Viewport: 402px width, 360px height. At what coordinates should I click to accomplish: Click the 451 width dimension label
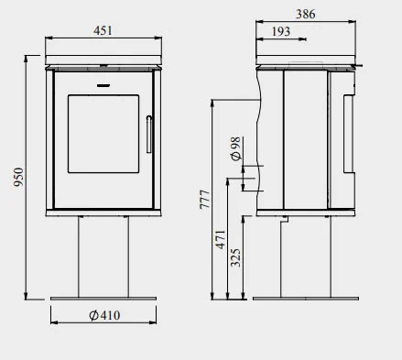point(103,30)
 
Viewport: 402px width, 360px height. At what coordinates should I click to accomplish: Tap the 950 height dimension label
point(18,177)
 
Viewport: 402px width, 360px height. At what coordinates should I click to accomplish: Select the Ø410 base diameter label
point(104,315)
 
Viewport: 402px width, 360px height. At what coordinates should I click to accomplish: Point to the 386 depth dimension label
point(306,14)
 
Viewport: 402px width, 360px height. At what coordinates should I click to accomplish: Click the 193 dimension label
point(281,31)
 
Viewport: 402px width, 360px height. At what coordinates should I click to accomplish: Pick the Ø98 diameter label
point(235,148)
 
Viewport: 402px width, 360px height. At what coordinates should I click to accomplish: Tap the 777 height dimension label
point(205,200)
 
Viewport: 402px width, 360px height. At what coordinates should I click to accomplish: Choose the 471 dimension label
point(221,240)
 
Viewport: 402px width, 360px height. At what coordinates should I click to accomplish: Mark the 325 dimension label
point(235,257)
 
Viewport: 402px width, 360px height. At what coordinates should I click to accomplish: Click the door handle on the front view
point(148,134)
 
